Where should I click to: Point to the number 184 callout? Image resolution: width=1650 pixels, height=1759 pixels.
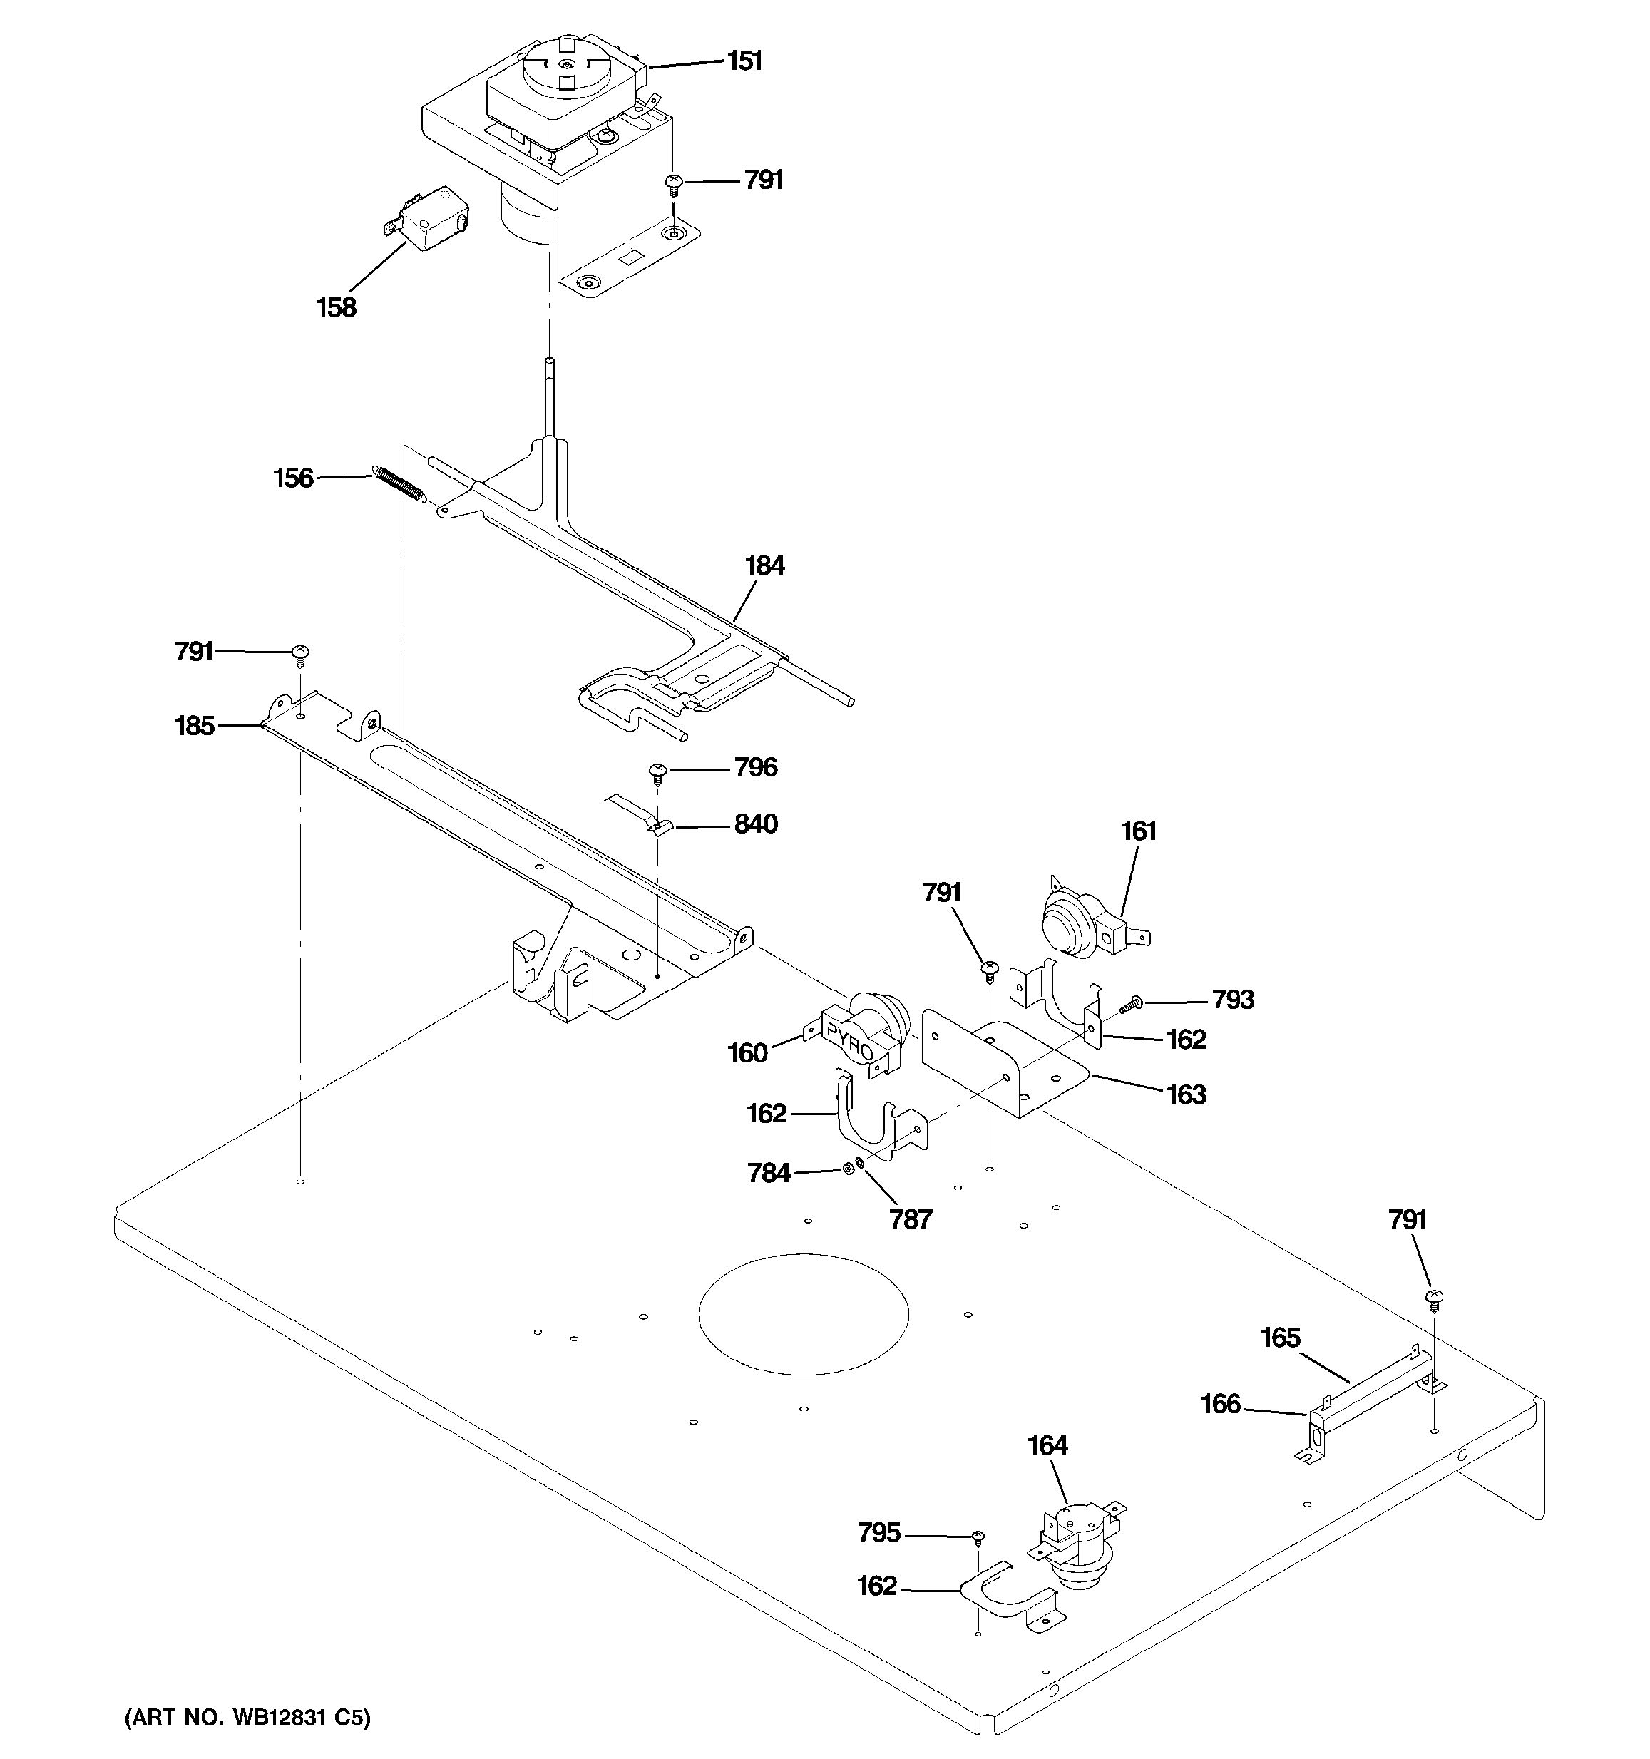[764, 565]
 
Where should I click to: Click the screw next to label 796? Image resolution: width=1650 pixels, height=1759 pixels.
[657, 771]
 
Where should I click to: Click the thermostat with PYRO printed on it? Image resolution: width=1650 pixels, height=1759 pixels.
[863, 1032]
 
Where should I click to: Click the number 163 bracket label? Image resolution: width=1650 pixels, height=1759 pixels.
[1186, 1094]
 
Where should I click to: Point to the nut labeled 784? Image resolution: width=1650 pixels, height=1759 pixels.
[846, 1170]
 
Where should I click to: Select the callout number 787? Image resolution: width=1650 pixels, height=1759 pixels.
[911, 1219]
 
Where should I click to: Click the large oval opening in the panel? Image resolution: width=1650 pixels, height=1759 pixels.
[804, 1313]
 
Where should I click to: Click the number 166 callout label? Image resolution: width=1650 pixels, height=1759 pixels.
[1220, 1403]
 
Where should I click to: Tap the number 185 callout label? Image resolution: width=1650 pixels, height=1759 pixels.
[195, 726]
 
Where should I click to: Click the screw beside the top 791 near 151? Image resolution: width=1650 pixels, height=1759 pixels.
[674, 183]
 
